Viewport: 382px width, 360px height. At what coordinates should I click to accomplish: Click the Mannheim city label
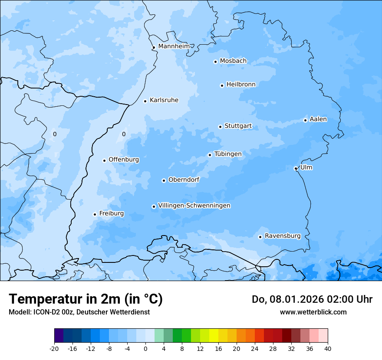(174, 46)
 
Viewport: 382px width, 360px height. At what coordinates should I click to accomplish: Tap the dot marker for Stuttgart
(220, 127)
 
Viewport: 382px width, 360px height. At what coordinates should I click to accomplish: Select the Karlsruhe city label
(164, 100)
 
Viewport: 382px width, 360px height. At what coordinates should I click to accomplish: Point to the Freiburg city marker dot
(95, 214)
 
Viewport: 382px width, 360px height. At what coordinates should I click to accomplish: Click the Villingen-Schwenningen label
(194, 206)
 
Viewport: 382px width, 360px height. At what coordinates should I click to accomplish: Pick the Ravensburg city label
(283, 236)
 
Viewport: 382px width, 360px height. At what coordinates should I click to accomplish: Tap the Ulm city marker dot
(296, 168)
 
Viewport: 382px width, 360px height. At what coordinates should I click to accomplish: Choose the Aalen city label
(318, 119)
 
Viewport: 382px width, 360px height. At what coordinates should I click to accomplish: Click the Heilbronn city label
(241, 85)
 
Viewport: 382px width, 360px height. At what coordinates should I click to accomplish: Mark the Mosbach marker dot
(215, 62)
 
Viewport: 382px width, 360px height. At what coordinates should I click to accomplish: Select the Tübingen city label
(228, 154)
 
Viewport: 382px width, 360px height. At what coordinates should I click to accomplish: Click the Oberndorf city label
(184, 180)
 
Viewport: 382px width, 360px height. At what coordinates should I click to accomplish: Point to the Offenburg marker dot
(104, 160)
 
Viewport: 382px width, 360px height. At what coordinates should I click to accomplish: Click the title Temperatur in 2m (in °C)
(86, 299)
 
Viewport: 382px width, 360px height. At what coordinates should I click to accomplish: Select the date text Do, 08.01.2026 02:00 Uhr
(312, 299)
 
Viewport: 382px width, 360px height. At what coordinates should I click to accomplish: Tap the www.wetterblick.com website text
(313, 312)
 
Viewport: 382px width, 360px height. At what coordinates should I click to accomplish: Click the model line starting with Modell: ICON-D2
(79, 312)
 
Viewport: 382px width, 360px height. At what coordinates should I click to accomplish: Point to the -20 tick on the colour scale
(54, 348)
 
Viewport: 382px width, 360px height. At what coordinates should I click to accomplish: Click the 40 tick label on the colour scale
(328, 348)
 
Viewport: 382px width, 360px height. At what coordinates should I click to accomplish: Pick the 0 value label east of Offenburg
(124, 134)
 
